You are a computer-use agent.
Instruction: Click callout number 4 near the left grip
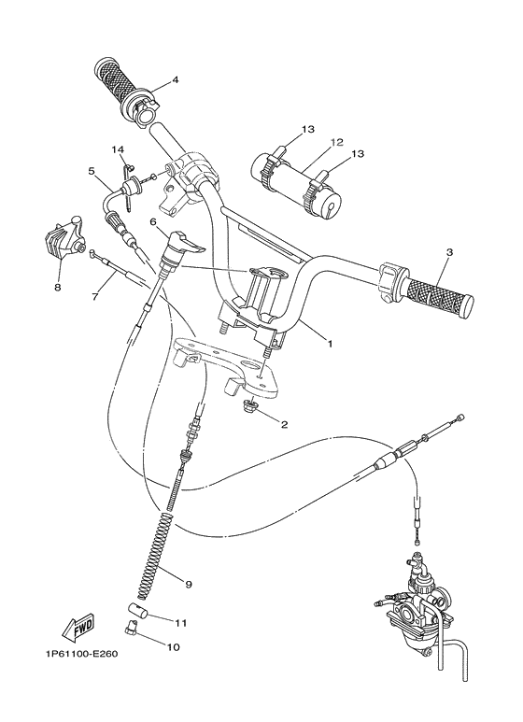[174, 79]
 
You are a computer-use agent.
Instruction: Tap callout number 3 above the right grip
[448, 252]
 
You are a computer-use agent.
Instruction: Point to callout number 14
[119, 149]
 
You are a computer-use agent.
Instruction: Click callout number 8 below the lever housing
[57, 288]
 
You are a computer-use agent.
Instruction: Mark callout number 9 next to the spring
[188, 584]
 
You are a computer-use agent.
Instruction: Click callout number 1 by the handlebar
[329, 344]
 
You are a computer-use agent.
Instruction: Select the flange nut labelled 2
[247, 407]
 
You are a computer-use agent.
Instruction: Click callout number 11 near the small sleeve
[181, 621]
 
